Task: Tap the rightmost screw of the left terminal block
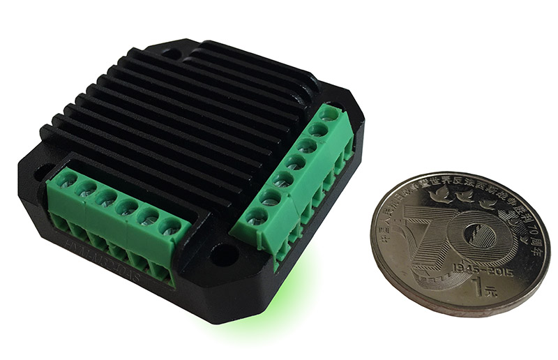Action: point(169,227)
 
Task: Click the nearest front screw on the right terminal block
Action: point(257,216)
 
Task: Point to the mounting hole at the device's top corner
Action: point(172,52)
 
